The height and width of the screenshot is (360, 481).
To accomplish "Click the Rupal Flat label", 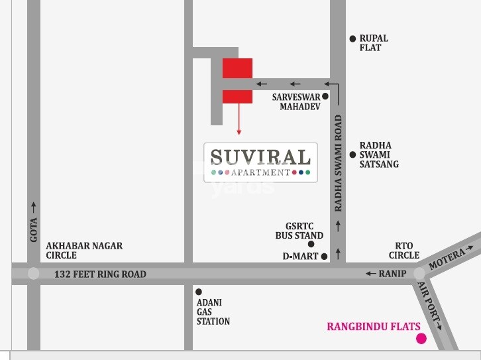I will [x=373, y=43].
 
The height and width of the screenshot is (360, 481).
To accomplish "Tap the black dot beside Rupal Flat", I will [x=353, y=39].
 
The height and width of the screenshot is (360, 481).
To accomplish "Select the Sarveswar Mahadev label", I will [x=296, y=101].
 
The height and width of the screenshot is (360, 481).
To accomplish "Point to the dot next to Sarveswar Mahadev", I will [x=325, y=96].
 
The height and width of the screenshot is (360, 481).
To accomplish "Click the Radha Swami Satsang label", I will [x=379, y=154].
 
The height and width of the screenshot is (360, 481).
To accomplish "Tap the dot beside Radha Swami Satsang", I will [x=353, y=146].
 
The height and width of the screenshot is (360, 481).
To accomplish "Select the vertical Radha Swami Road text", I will [x=339, y=163].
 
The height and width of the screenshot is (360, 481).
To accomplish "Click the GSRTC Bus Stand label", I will [x=299, y=230].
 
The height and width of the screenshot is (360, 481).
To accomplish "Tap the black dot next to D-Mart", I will [x=325, y=256].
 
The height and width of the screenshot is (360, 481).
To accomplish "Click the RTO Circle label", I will [x=404, y=250].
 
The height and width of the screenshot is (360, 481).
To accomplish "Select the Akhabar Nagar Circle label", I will [x=84, y=250].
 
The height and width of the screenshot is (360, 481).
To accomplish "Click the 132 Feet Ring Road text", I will [x=100, y=274].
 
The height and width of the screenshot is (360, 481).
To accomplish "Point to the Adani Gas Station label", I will [x=213, y=312].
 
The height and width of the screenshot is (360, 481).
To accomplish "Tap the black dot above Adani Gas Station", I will [x=198, y=292].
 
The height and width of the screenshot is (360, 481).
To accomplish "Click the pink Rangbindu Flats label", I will [x=374, y=326].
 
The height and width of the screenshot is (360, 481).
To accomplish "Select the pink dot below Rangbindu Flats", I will [x=421, y=339].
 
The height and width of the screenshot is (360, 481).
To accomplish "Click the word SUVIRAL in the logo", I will [x=260, y=157].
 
